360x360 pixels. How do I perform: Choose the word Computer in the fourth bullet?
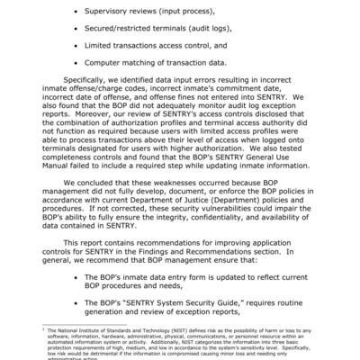tap(106, 63)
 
